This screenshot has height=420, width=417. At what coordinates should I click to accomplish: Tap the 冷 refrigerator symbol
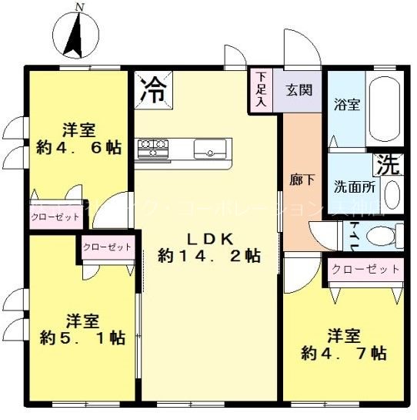click(153, 89)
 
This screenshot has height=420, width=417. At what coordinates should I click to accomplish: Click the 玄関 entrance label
click(299, 89)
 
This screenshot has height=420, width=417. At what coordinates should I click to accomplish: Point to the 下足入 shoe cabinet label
click(261, 89)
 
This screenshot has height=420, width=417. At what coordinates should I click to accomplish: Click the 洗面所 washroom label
click(354, 186)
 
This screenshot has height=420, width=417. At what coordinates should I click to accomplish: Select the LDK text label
click(207, 237)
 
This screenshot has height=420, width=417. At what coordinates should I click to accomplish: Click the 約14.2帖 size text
click(208, 254)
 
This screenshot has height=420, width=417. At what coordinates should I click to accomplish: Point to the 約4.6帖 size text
click(78, 147)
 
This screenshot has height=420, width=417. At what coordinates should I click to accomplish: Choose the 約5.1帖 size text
click(83, 338)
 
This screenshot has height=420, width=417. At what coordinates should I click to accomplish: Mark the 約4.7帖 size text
click(343, 354)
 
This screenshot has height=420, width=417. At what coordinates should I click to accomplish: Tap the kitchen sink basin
click(209, 147)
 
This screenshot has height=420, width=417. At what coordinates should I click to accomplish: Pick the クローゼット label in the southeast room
click(365, 269)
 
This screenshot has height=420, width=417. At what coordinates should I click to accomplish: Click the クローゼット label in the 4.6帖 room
click(56, 217)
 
